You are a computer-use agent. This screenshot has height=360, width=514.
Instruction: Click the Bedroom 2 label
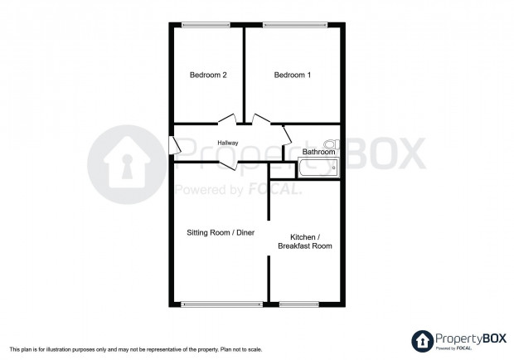(208, 75)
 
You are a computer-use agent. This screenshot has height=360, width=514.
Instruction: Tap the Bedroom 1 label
(293, 75)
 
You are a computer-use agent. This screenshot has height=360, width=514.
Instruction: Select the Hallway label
(228, 143)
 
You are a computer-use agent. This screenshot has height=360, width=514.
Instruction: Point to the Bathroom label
(318, 152)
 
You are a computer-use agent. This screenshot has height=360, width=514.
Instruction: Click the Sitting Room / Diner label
(221, 233)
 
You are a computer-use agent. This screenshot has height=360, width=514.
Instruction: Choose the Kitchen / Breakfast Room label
(305, 241)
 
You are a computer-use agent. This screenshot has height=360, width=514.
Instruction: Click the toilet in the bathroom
(332, 144)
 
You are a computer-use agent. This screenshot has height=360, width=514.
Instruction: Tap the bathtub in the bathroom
(318, 168)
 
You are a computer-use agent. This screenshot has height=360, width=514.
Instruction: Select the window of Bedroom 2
(206, 25)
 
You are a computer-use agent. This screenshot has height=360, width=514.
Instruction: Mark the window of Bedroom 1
(295, 25)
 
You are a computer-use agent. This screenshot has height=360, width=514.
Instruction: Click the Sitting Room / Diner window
(222, 304)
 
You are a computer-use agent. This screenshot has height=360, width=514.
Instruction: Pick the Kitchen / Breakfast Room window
(299, 304)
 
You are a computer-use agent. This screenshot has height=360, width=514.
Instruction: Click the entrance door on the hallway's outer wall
(175, 145)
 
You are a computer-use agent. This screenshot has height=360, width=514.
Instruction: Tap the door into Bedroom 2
(227, 119)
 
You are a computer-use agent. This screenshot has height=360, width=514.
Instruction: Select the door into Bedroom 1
(261, 119)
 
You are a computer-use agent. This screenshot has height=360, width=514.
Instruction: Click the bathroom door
(287, 135)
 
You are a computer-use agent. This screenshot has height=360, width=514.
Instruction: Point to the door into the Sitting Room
(228, 165)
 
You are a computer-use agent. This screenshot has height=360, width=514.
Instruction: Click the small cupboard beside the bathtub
(282, 171)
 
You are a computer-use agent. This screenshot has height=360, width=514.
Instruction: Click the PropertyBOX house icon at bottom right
(422, 341)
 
